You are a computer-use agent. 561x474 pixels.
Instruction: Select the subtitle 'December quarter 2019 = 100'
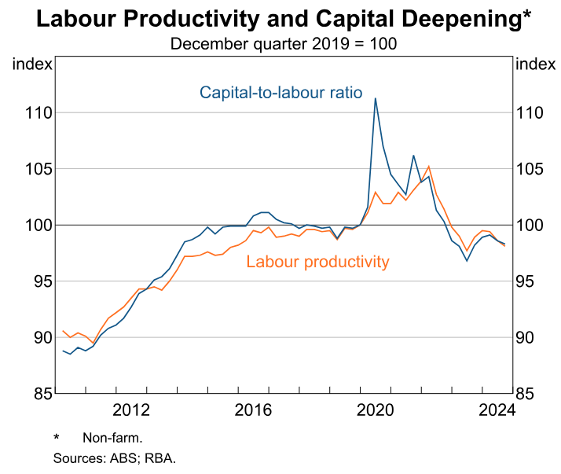(283, 43)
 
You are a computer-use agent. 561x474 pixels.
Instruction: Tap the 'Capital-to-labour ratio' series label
(280, 93)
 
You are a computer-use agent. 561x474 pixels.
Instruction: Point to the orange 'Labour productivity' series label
(317, 262)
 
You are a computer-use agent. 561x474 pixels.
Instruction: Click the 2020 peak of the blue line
(376, 98)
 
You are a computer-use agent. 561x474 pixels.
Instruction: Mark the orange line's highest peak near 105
(428, 166)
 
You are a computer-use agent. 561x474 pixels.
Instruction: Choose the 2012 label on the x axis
(130, 410)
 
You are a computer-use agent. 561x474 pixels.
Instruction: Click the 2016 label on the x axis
(253, 410)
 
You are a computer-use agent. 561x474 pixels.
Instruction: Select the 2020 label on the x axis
(376, 410)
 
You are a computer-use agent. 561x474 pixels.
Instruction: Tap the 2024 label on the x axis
(497, 410)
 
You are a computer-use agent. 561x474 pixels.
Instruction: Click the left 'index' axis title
(32, 64)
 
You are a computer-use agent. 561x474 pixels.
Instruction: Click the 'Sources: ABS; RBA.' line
(114, 457)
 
